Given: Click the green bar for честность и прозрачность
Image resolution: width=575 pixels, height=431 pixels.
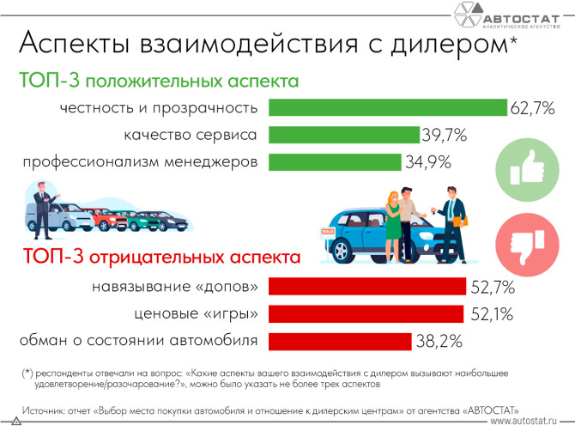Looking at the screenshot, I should click(388, 107).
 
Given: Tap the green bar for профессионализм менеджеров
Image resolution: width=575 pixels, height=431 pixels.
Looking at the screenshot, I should click(335, 162).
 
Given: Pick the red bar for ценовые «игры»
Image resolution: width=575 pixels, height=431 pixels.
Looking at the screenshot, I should click(366, 313).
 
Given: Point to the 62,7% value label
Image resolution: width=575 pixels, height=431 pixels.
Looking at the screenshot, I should click(534, 108).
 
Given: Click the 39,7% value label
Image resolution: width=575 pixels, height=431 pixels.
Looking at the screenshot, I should click(444, 135).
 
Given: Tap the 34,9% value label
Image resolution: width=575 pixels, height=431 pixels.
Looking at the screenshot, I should click(426, 162).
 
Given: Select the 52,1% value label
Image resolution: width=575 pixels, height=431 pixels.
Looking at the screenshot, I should click(488, 313).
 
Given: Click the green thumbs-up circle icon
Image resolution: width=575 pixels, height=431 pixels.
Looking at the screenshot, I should click(523, 163).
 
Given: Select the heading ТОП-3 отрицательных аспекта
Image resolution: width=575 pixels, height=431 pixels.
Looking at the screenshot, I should click(163, 257).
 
